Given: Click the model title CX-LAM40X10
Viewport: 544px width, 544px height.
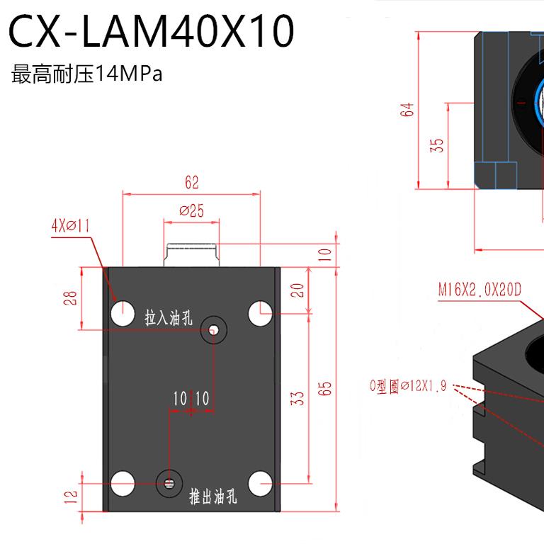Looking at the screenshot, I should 152,32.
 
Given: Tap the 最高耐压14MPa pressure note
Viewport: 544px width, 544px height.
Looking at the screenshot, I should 87,74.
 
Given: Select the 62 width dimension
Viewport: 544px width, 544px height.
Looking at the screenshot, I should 192,183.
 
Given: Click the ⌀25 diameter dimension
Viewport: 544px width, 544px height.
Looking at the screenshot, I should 192,210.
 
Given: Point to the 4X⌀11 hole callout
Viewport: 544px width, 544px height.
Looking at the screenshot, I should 70,226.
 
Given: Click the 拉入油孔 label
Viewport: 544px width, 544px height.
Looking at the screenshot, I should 169,318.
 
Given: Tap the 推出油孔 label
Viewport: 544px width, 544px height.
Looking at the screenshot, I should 213,497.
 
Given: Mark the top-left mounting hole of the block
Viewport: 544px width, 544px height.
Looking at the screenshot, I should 123,312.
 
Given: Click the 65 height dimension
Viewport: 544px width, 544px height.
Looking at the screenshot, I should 325,389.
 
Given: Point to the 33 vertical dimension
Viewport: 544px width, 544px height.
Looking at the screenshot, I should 298,398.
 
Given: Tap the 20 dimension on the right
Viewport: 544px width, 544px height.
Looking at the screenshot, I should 298,290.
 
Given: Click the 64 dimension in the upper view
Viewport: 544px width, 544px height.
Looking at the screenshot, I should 407,110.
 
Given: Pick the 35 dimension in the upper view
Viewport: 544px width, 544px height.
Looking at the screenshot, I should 437,144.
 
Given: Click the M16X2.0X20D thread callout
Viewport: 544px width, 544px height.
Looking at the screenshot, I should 479,290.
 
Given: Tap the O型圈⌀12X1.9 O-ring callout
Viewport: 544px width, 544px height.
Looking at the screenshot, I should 408,387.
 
